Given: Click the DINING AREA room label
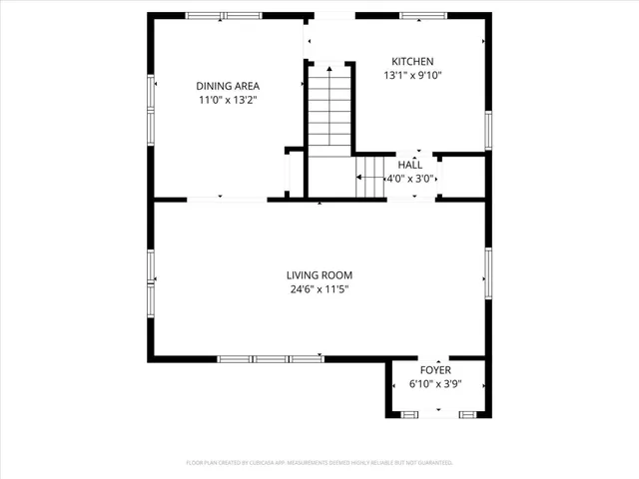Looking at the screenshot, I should (227, 86).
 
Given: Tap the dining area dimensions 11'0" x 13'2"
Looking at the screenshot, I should (227, 100).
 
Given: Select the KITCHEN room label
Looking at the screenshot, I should (412, 61).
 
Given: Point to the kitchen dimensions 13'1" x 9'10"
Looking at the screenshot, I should (412, 75).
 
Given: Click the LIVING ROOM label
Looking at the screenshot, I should (319, 275).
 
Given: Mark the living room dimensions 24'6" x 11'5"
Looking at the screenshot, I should (319, 290).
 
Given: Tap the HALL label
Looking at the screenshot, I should (409, 165).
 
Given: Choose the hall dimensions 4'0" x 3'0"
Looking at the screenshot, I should (409, 179).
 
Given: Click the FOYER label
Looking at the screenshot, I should (434, 369).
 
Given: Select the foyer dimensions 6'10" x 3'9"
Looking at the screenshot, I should (434, 383).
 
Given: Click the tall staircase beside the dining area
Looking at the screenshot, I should (327, 108).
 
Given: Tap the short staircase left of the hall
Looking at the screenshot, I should (371, 177).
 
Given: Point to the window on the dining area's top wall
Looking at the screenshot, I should (223, 15).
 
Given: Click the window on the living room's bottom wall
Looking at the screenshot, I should (271, 358).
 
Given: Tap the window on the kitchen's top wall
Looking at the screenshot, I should (423, 15).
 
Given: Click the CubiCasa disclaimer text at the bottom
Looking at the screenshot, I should (319, 463).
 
